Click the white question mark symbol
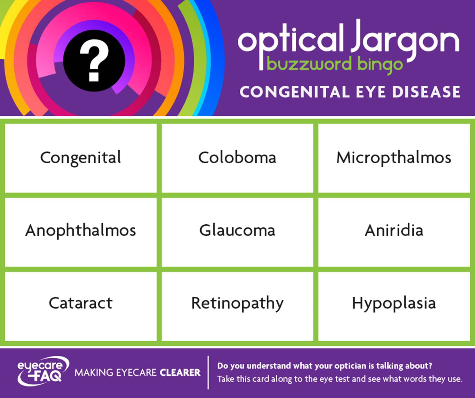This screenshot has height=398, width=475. tap(94, 60)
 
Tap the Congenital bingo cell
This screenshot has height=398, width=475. tap(81, 158)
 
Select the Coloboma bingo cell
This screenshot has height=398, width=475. tap(237, 158)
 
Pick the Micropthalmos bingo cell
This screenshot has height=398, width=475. tap(394, 158)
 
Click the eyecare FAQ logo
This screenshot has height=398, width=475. tap(43, 371)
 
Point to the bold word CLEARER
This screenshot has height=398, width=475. tap(180, 372)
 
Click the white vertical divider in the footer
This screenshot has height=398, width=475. tap(208, 372)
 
